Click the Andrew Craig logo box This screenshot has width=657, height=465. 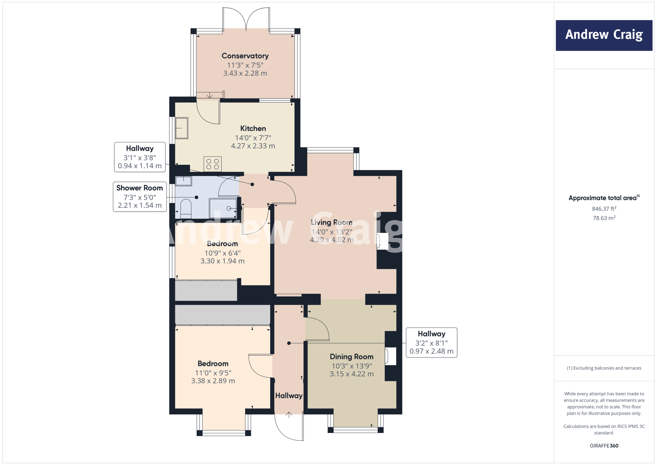[604, 35]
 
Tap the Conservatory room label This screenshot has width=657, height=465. [245, 56]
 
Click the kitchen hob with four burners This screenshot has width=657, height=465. [212, 164]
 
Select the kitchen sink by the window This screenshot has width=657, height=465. [182, 128]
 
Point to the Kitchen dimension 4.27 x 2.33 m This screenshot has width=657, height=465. [253, 146]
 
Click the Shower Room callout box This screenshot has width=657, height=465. [140, 197]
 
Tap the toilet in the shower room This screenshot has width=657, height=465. [186, 209]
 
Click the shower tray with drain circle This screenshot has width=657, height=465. [223, 208]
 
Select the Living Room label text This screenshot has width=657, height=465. [331, 223]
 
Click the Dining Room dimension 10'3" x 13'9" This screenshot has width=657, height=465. [352, 366]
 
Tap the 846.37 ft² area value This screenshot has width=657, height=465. [604, 209]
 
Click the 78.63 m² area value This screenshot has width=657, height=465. [604, 218]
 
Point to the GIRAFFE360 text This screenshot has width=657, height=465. [604, 446]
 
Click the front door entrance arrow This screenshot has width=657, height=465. [289, 415]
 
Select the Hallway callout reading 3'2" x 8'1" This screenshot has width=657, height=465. [431, 343]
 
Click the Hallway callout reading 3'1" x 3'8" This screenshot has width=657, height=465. [140, 157]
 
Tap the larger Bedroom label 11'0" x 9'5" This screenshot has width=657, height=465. [213, 364]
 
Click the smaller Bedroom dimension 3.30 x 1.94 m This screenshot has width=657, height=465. [222, 261]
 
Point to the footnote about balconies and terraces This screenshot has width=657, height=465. [604, 368]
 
